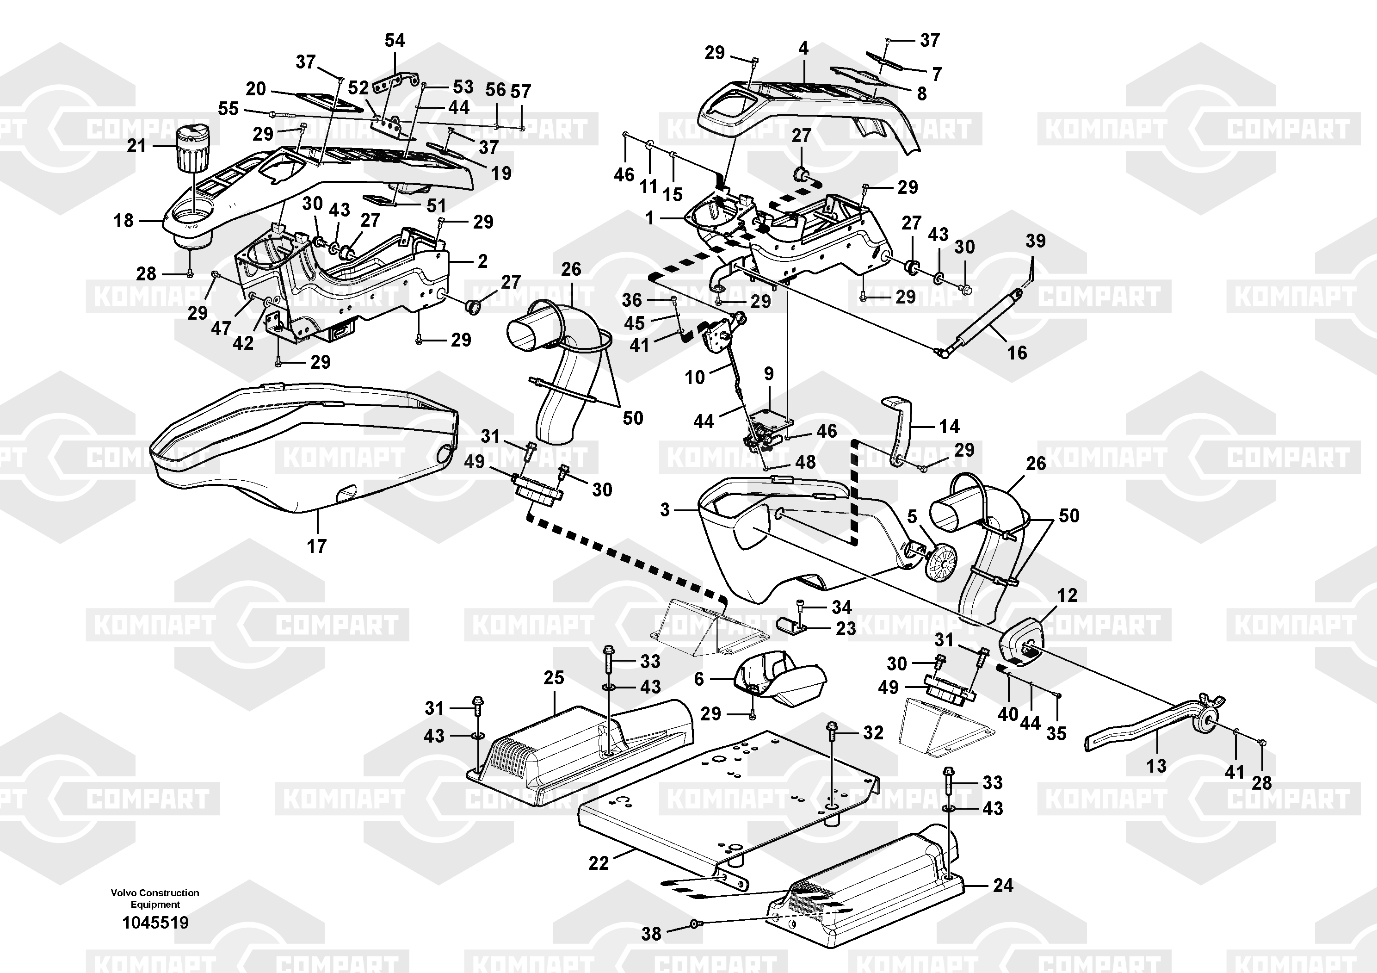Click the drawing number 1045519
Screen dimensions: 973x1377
pos(155,922)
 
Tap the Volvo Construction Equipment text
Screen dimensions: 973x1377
pos(155,898)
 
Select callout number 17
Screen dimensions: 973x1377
pos(317,546)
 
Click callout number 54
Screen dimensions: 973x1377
pos(395,40)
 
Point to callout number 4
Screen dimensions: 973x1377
pos(803,49)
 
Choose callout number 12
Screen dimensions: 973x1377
pos(1067,595)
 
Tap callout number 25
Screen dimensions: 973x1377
pos(554,678)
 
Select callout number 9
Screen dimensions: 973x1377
pos(769,374)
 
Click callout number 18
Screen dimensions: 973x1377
pos(123,221)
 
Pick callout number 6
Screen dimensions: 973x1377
pos(699,679)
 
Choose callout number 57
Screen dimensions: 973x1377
pos(520,92)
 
